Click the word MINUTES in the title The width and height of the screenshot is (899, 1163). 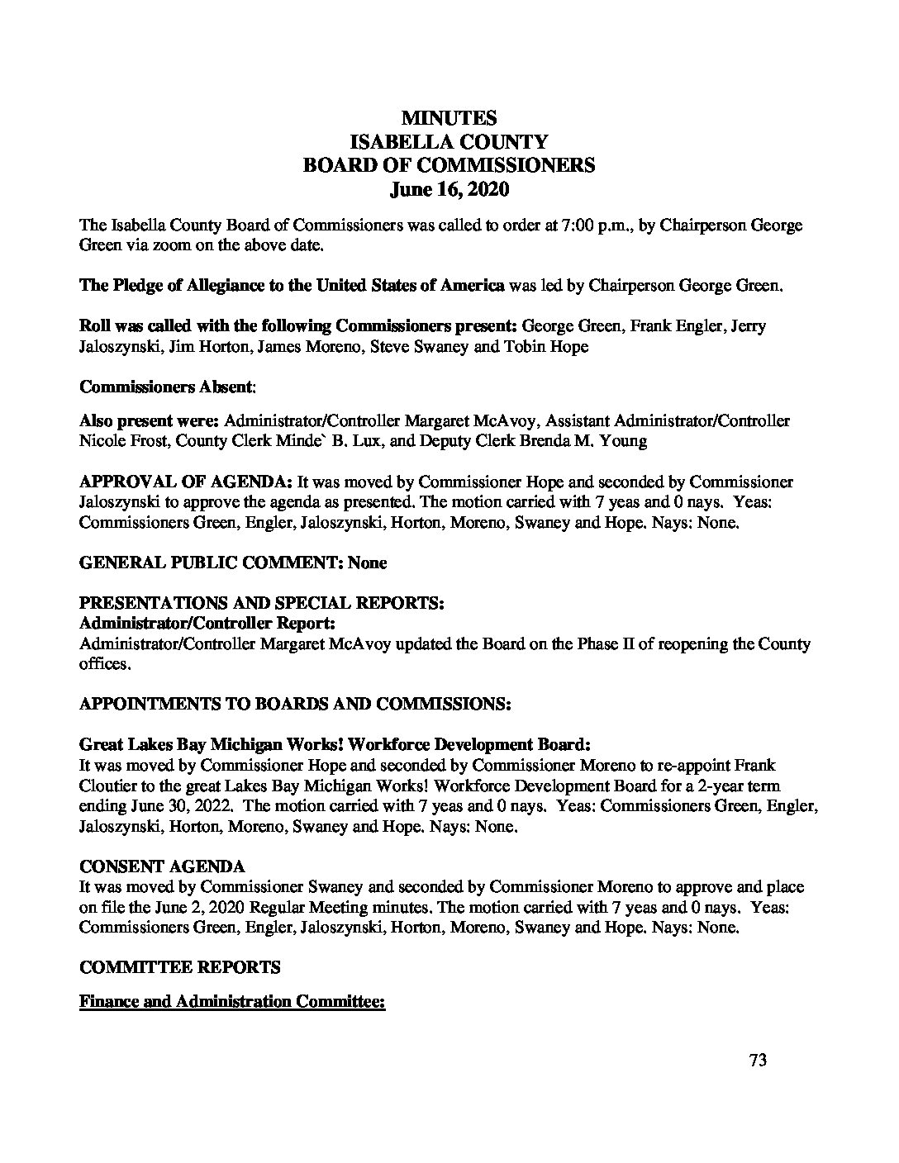click(449, 119)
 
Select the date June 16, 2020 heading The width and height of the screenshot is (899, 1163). click(449, 189)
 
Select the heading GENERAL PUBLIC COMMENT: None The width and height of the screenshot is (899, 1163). click(233, 563)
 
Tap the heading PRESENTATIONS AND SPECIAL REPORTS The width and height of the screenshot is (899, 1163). click(263, 603)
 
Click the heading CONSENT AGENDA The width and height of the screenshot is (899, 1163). click(162, 866)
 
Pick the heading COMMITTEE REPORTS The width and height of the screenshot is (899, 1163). click(179, 966)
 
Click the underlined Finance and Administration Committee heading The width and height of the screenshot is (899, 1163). click(232, 1002)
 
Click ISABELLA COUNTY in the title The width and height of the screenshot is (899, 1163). click(449, 142)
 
